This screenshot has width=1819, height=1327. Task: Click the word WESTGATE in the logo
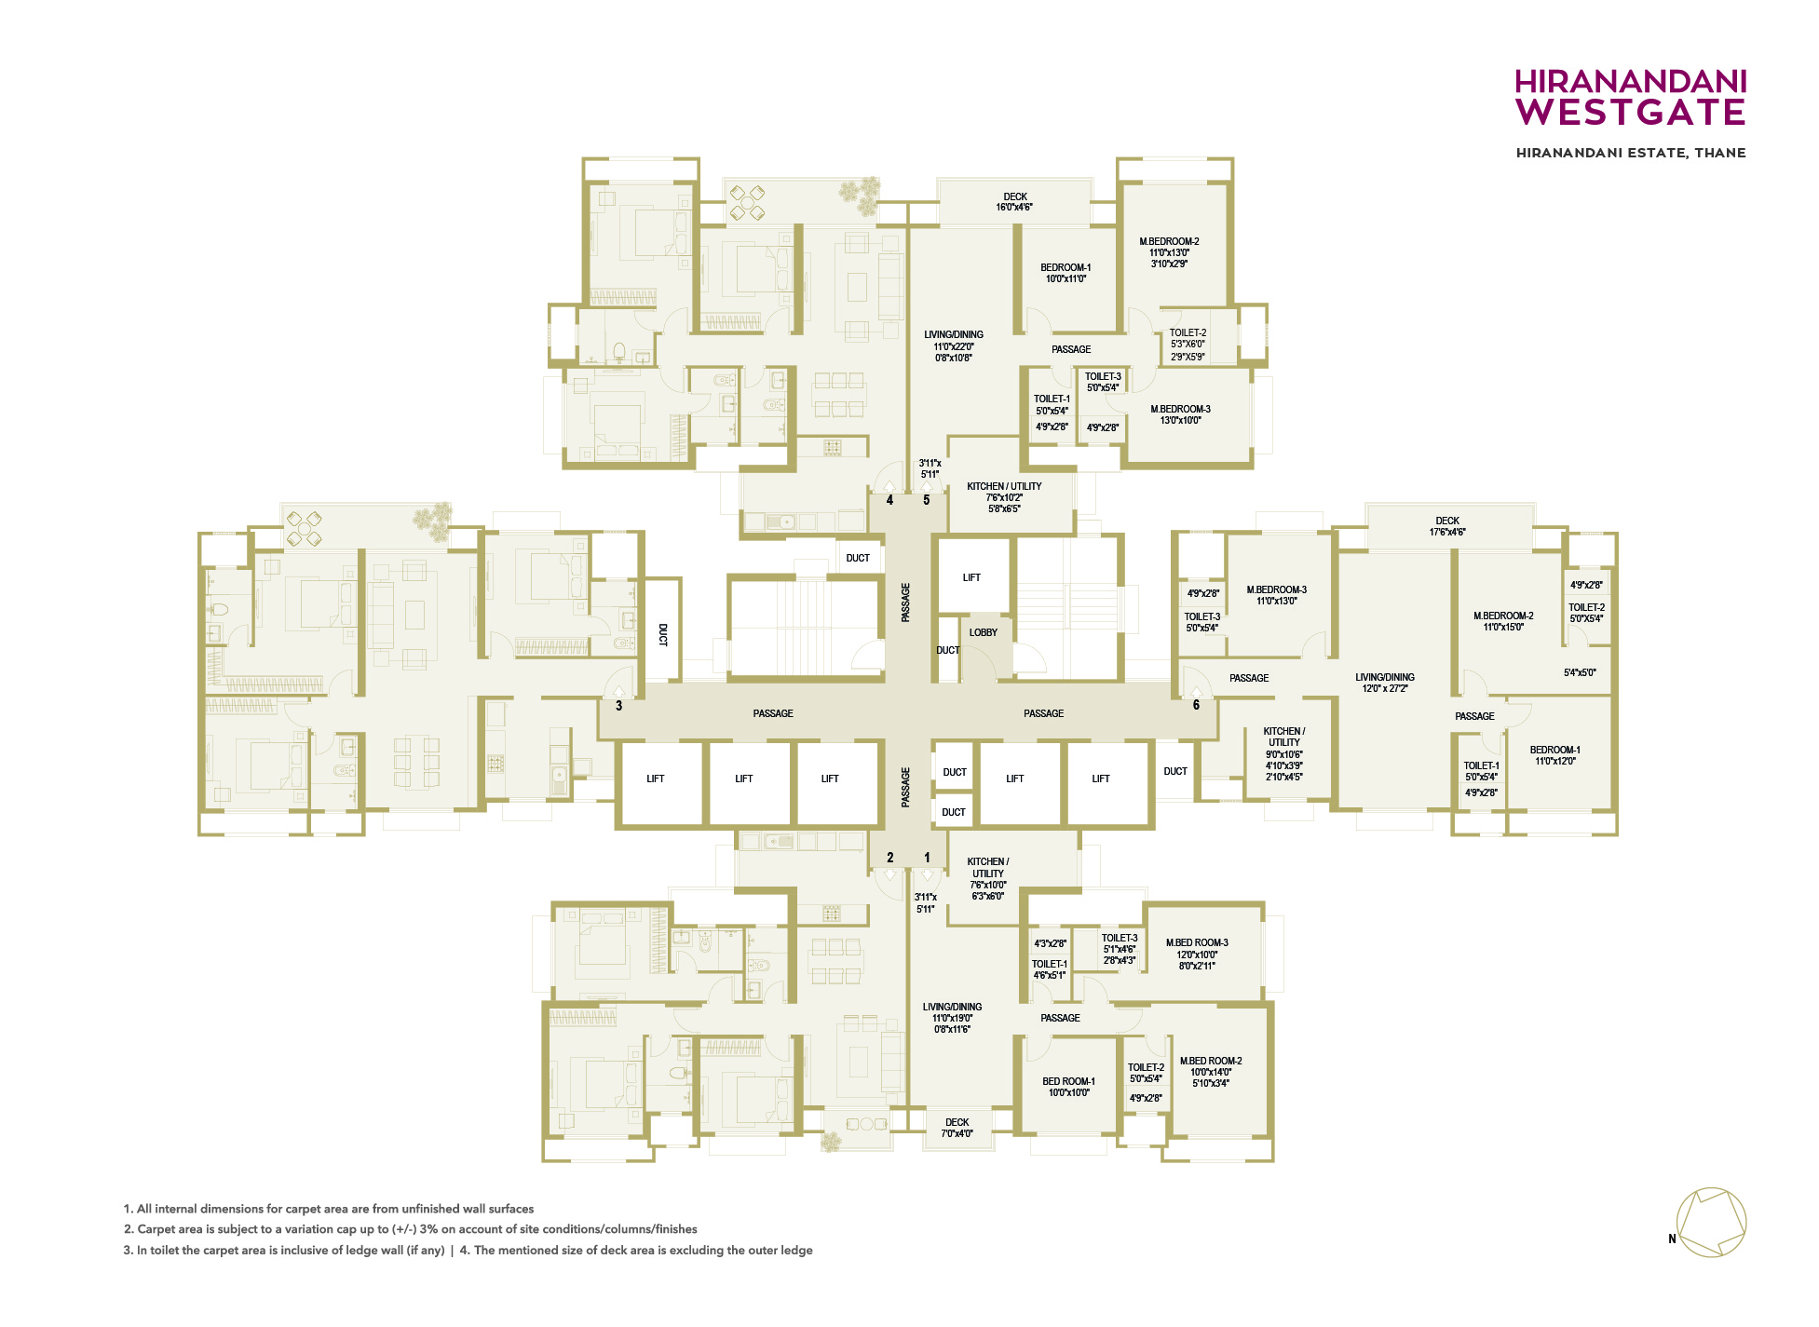1630,113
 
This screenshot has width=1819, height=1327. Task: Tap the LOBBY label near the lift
983,632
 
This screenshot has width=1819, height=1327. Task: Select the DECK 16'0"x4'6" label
1014,202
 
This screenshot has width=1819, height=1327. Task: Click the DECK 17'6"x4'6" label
1446,526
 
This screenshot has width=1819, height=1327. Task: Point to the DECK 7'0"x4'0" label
957,1128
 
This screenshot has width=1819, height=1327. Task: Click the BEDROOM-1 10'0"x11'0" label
1066,273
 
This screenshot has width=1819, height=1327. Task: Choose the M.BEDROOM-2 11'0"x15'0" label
1503,621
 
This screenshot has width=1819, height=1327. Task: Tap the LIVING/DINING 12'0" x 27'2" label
1385,683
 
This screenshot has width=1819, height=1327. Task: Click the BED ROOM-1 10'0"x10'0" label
1068,1087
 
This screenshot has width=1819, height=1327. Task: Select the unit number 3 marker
618,706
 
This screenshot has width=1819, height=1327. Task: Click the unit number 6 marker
1197,705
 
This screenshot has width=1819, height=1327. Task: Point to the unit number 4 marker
889,500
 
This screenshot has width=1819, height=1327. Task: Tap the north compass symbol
1711,1223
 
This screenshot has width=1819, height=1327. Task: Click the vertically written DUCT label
663,635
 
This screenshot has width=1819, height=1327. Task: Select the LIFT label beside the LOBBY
971,577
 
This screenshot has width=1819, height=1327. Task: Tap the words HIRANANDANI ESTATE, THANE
1631,153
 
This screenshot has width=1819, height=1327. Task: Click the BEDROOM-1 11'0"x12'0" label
1554,755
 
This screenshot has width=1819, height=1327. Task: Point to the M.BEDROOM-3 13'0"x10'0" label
1180,414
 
